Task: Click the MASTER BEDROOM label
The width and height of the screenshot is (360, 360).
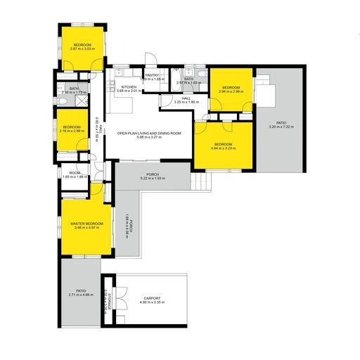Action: tap(87, 224)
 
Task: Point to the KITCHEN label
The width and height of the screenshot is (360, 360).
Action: tap(118, 87)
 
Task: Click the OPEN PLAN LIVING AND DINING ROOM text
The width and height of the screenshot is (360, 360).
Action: tap(149, 133)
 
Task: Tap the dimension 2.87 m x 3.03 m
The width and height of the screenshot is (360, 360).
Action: tap(83, 49)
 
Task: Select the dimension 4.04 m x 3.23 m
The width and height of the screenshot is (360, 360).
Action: tap(224, 148)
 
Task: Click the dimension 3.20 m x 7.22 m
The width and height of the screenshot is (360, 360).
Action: tap(281, 127)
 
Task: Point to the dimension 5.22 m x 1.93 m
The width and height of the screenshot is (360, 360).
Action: tap(152, 179)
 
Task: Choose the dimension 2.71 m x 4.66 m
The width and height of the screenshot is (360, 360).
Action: tap(81, 295)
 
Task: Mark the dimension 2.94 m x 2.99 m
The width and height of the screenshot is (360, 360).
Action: tap(231, 91)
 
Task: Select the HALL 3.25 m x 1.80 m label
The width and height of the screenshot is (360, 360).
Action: tap(186, 100)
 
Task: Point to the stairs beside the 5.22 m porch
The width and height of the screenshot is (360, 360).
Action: tap(201, 183)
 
